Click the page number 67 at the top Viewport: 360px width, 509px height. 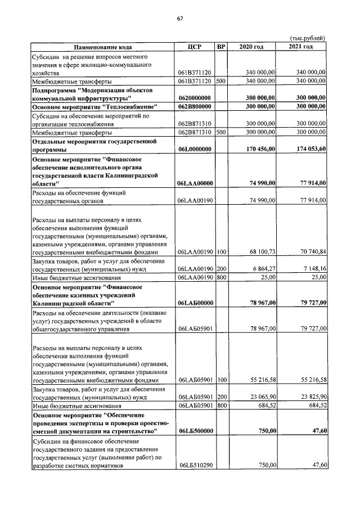[180, 19]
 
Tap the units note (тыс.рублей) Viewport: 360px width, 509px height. [307, 38]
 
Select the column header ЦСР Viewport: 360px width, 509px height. [194, 46]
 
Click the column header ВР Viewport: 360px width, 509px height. [221, 46]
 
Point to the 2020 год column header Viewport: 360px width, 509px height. [251, 46]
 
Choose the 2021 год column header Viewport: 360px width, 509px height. [300, 46]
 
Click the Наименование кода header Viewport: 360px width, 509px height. [102, 46]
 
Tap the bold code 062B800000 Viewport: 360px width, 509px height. [194, 106]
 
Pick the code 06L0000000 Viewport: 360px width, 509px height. [194, 149]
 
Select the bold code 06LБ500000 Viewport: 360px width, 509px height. [194, 431]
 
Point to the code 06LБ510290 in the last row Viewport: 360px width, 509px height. [194, 466]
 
